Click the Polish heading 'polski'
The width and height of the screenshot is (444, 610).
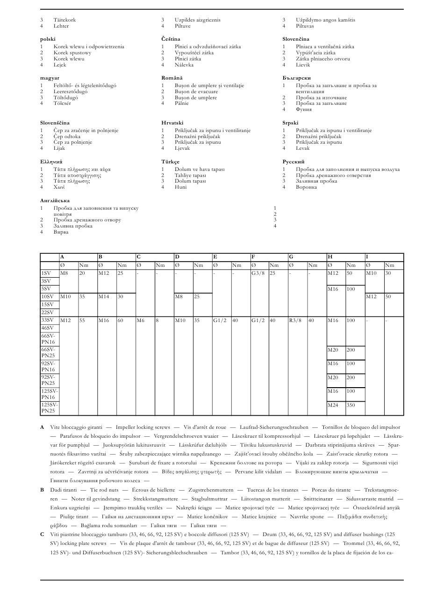(x=47, y=39)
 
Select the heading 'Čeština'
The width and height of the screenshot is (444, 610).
(x=171, y=39)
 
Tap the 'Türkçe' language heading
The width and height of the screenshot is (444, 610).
(x=170, y=162)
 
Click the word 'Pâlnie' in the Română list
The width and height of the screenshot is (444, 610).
(x=182, y=103)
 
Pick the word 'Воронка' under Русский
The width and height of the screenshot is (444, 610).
(x=306, y=187)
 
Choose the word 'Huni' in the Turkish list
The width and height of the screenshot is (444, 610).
(x=180, y=187)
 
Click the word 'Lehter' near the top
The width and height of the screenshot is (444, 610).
(x=61, y=26)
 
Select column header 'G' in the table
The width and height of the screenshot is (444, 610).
(x=291, y=257)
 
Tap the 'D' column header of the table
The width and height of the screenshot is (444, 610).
(x=177, y=257)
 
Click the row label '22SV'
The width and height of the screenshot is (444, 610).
(x=47, y=312)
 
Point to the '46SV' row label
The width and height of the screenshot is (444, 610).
(x=47, y=329)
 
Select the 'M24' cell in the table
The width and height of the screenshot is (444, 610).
(x=333, y=405)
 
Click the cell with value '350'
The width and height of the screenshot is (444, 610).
(x=351, y=405)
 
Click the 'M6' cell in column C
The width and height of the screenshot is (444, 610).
(x=141, y=321)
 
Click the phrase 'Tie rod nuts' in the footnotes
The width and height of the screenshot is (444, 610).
(x=104, y=490)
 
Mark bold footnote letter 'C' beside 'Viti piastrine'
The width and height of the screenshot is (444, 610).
(x=42, y=535)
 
